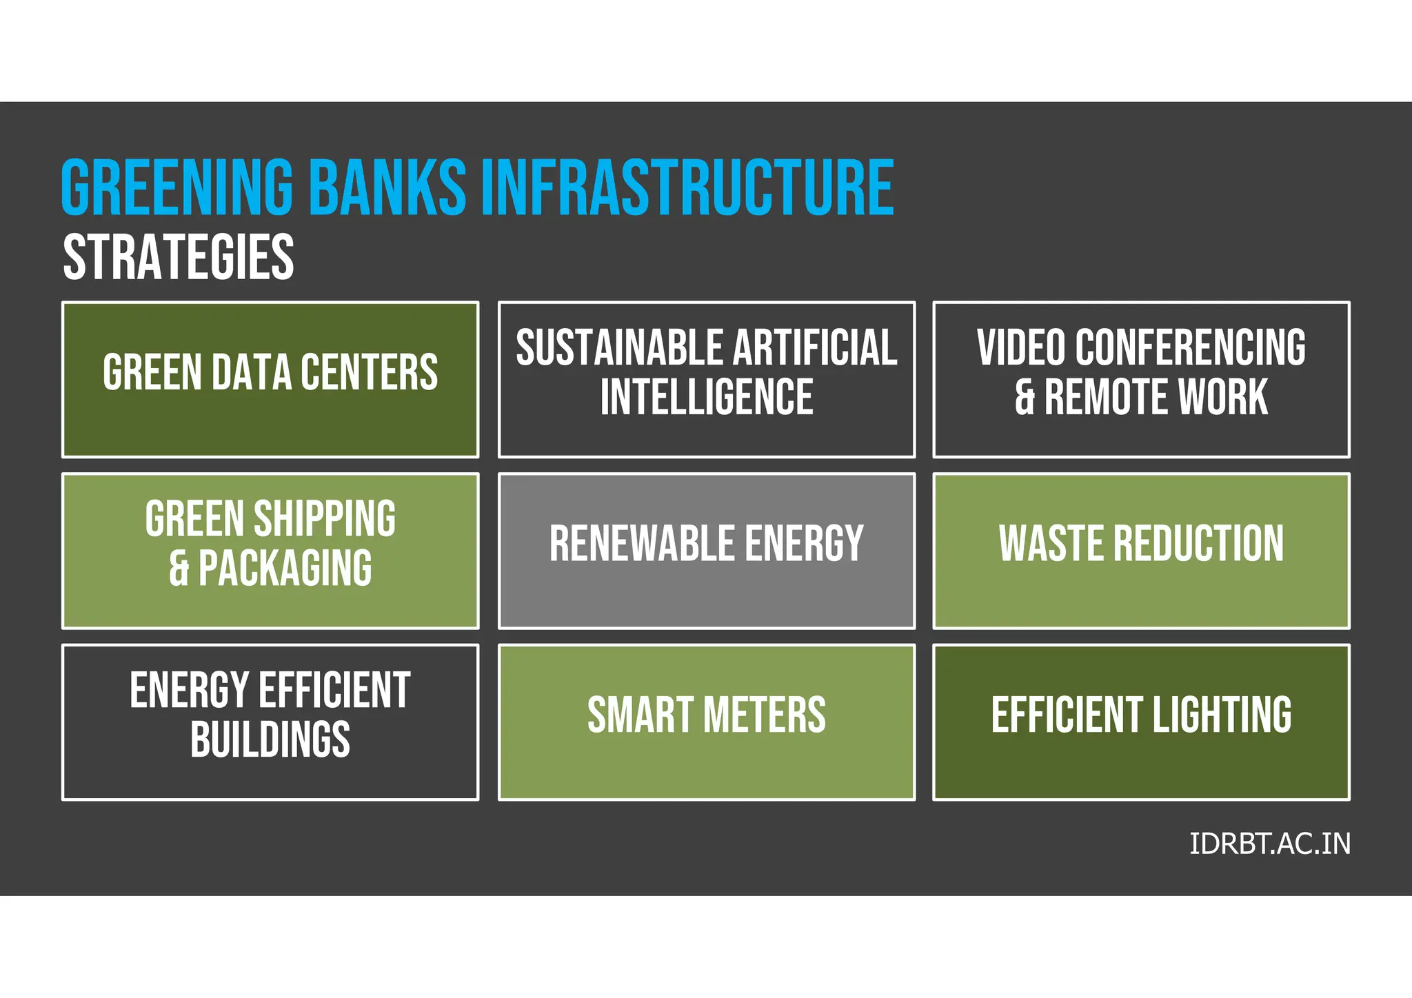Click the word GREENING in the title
(x=177, y=187)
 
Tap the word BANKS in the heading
(x=387, y=187)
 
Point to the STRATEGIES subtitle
(x=179, y=256)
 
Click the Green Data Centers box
(x=270, y=379)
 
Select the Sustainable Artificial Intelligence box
(x=707, y=379)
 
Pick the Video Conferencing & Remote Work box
(x=1141, y=379)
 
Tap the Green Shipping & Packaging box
(x=270, y=551)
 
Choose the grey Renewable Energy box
(x=707, y=551)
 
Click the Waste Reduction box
(x=1141, y=551)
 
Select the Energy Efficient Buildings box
(x=270, y=722)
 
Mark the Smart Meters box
(x=707, y=722)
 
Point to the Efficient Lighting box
(x=1141, y=722)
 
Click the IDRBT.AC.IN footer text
(x=1269, y=844)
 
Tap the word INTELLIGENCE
(x=707, y=397)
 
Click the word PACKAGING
(x=285, y=568)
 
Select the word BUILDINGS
(x=270, y=740)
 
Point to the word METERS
(x=765, y=715)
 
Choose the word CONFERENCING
(x=1190, y=347)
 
